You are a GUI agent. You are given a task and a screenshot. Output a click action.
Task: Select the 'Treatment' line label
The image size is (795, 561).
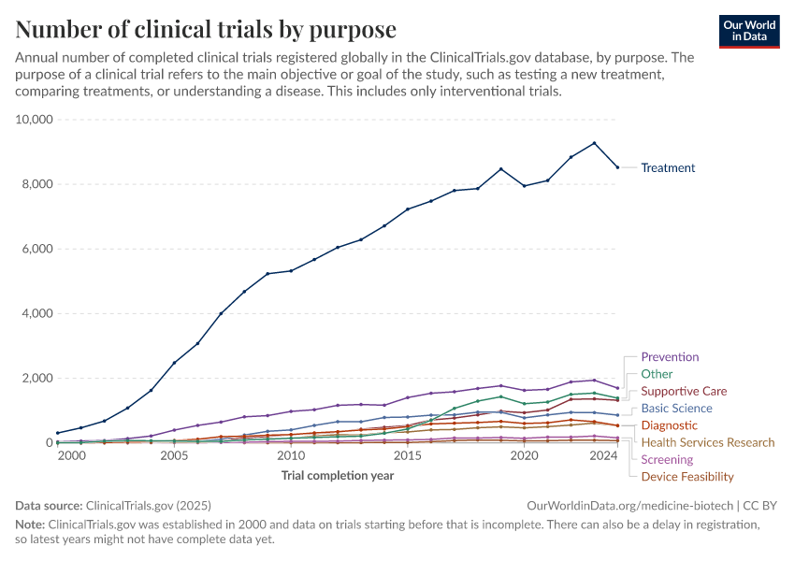point(668,168)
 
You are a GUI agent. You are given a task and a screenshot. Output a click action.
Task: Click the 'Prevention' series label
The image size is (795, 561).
point(670,357)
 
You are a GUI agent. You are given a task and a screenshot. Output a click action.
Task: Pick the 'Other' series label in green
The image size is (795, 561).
point(657,374)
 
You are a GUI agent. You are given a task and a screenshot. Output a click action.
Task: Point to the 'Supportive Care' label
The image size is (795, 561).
point(684,391)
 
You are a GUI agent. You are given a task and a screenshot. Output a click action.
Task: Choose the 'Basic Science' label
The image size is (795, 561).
point(676,409)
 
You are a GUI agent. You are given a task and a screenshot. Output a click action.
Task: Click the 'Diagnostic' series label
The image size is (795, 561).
point(669,425)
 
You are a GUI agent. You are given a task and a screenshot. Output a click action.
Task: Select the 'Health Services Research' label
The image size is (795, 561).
point(707,442)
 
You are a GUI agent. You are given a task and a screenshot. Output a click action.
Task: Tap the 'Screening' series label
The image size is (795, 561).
point(667,459)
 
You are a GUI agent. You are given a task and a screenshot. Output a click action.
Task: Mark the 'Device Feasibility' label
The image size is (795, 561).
point(687,477)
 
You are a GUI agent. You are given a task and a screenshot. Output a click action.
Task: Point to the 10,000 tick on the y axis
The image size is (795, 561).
point(36,120)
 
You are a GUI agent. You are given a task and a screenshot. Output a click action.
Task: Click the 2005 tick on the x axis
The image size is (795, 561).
point(174,456)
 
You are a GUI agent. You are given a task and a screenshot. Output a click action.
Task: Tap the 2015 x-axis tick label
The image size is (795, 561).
point(407,456)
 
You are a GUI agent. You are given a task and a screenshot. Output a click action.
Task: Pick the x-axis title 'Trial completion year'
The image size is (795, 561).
point(338,476)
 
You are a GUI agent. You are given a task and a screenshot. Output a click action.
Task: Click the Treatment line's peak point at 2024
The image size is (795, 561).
point(594,143)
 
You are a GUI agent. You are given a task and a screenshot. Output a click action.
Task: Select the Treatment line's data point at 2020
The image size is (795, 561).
point(524,186)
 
